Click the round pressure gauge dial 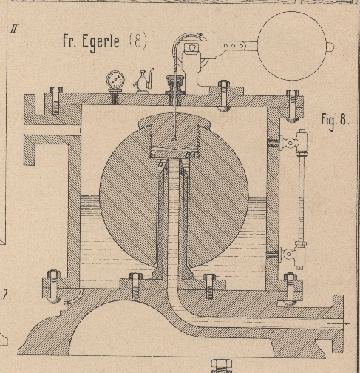point(115,80)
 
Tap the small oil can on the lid point(143,81)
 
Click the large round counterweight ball point(292,46)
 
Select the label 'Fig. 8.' point(335,121)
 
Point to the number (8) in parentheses point(138,41)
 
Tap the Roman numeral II point(14,30)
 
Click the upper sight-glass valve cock point(291,143)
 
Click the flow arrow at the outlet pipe point(338,323)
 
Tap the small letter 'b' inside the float point(160,164)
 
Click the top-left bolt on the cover point(56,100)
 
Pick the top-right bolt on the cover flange point(292,106)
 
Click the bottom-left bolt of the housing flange point(53,286)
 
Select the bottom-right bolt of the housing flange point(290,289)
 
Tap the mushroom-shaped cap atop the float point(174,121)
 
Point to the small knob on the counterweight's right point(330,46)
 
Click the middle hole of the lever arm point(233,46)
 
